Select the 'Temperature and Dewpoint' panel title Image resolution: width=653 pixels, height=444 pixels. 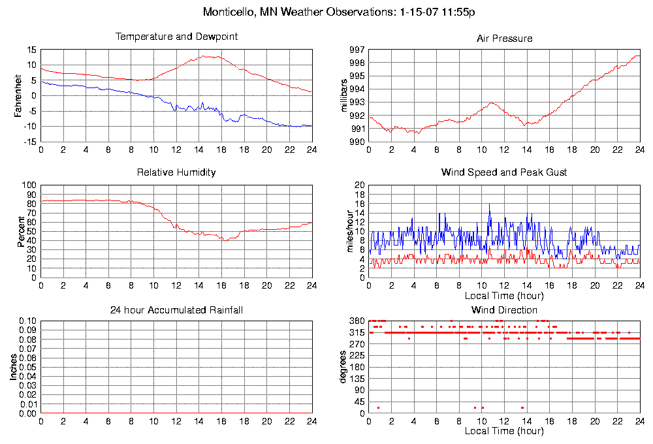tap(176, 37)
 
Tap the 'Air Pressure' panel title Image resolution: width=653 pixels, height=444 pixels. tap(504, 39)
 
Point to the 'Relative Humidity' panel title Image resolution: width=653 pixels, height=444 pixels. tap(176, 172)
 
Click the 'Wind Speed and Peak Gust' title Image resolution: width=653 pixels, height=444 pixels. tap(504, 172)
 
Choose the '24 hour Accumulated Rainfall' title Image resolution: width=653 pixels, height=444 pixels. tap(176, 309)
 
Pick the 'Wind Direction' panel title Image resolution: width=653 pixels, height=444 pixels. tap(504, 309)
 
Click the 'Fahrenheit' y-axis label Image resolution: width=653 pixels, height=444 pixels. tap(18, 95)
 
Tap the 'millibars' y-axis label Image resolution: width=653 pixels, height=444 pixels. tap(345, 95)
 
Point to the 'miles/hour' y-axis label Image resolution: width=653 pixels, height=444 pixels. tap(345, 231)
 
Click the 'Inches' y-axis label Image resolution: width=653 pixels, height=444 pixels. tap(12, 367)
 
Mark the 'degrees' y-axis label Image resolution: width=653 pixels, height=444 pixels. tap(343, 367)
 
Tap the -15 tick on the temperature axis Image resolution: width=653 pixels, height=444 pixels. tap(30, 142)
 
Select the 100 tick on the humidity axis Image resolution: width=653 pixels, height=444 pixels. tap(29, 185)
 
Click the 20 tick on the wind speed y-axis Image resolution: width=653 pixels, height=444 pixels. tap(359, 185)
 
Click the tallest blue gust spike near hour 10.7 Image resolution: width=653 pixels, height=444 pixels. tap(490, 204)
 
